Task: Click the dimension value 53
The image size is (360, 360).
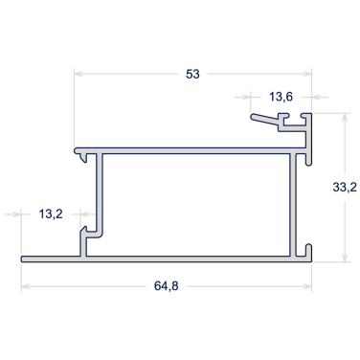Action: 192,74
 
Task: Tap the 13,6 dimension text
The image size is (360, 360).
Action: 281,97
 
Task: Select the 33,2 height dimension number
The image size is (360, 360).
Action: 345,188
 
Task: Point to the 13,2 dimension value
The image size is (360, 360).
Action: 51,214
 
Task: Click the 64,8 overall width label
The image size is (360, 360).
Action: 167,286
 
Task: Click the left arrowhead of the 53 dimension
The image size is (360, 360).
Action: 79,74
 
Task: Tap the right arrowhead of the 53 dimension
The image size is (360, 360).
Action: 307,74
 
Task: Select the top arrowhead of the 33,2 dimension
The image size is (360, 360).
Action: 345,118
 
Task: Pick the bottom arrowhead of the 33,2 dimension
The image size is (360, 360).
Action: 345,258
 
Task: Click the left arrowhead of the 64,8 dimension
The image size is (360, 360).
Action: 26,286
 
